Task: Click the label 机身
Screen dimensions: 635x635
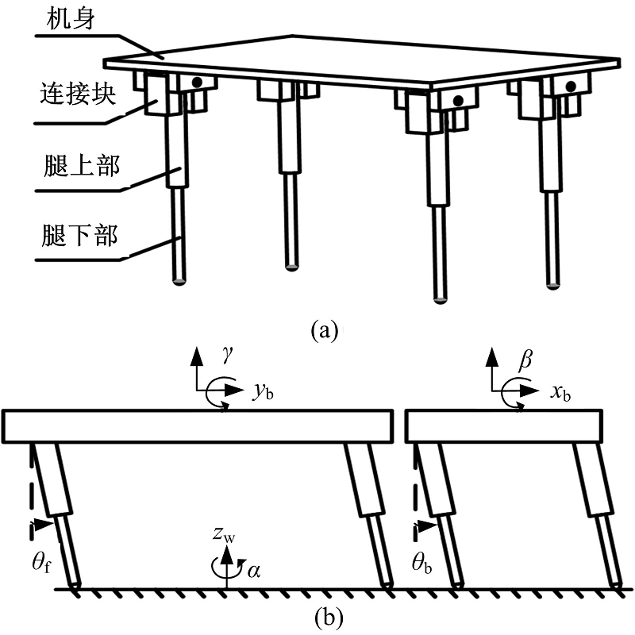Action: click(x=71, y=19)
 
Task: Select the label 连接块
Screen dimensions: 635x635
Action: click(x=78, y=94)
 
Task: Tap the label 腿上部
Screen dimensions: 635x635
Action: click(x=82, y=166)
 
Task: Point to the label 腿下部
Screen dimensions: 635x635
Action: click(x=80, y=235)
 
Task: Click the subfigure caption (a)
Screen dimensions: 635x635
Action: click(x=324, y=330)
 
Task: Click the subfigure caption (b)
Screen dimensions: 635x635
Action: click(x=329, y=618)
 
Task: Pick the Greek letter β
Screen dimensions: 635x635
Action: click(x=525, y=359)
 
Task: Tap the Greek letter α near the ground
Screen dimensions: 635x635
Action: click(x=253, y=571)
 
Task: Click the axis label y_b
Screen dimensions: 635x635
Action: click(x=264, y=391)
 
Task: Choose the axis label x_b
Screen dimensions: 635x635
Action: click(x=560, y=393)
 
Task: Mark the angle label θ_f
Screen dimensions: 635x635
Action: click(x=42, y=562)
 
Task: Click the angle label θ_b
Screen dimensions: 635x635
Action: click(x=422, y=562)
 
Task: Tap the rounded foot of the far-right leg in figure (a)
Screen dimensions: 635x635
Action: click(x=552, y=286)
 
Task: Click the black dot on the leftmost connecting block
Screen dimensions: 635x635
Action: click(x=197, y=83)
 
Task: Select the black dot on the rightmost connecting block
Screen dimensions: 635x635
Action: click(x=571, y=87)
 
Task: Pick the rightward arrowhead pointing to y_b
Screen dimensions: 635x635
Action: click(x=234, y=390)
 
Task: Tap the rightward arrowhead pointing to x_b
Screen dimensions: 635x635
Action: click(x=529, y=391)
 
